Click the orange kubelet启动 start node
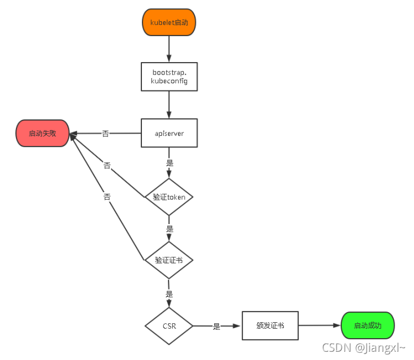[169, 22]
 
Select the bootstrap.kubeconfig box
[169, 77]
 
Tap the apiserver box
[169, 133]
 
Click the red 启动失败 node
[43, 133]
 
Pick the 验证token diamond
[169, 197]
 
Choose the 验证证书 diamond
[169, 260]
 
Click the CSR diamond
[169, 326]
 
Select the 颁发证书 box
[270, 326]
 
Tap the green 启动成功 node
[368, 326]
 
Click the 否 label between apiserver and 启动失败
[105, 134]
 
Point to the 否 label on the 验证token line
[107, 166]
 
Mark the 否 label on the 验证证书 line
[107, 197]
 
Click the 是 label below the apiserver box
[170, 163]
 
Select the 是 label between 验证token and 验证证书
[170, 229]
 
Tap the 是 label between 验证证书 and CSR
[169, 294]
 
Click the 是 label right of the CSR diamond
[216, 326]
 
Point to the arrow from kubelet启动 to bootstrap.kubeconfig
[169, 49]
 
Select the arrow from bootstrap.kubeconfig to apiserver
[169, 105]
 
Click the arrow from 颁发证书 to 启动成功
[320, 326]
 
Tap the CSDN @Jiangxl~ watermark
[364, 348]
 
